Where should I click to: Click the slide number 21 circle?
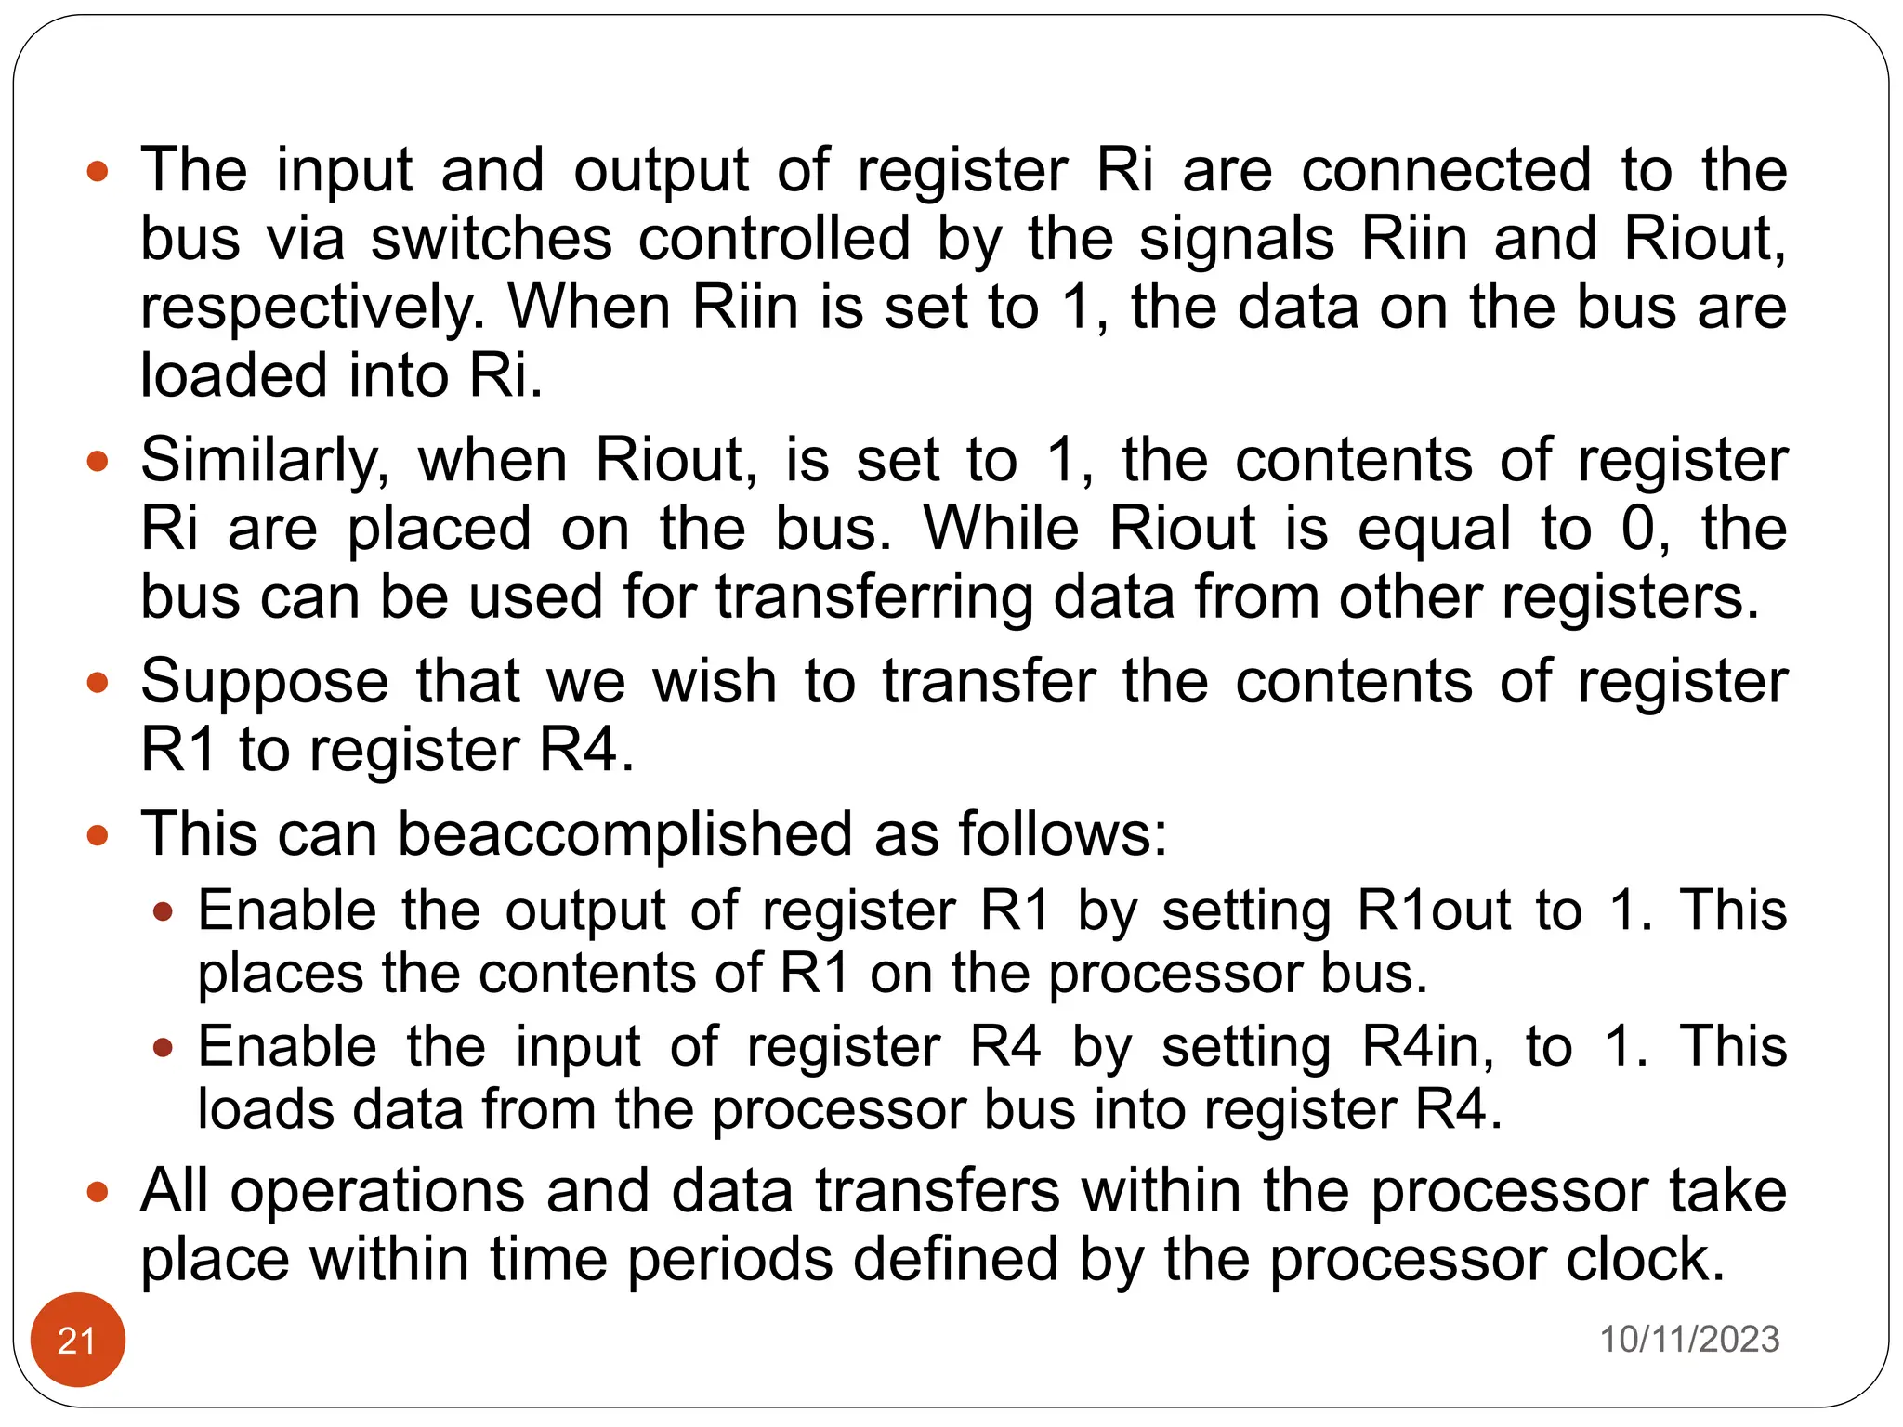tap(77, 1339)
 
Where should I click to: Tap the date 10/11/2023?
tap(1688, 1339)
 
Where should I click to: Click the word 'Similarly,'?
tap(265, 462)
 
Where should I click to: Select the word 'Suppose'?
tap(265, 683)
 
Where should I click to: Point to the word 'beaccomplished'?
tap(624, 833)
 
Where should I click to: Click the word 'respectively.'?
tap(313, 308)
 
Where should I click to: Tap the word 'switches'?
tap(492, 240)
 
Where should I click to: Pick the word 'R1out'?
tap(1434, 910)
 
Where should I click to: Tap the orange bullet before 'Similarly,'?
tap(98, 462)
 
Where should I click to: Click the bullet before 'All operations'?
tap(98, 1192)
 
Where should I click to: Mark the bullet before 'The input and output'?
tap(98, 172)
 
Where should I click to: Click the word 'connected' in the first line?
tap(1446, 172)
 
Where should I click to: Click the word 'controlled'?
tap(774, 240)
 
